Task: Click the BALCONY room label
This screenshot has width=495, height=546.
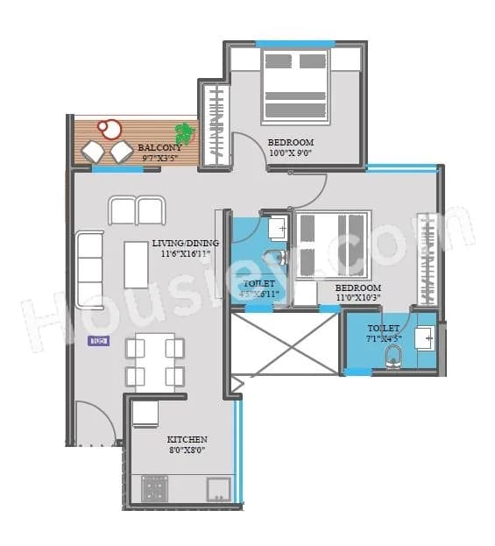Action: point(159,148)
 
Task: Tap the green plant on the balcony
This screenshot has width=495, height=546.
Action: point(184,133)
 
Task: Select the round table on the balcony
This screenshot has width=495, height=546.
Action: point(110,128)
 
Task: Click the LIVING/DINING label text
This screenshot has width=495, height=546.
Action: point(185,243)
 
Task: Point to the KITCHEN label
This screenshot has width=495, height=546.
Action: point(187,439)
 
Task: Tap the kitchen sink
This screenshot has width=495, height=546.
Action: point(219,488)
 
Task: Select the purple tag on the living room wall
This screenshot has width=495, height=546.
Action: point(96,340)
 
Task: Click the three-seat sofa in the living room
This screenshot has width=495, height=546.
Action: point(89,268)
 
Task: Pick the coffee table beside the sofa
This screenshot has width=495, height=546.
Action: point(136,265)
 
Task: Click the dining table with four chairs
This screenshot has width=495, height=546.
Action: point(155,361)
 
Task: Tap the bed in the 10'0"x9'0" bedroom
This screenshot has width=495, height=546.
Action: point(294,87)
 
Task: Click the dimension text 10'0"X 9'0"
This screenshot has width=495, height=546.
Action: point(290,153)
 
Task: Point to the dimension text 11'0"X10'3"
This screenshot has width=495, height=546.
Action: point(358,299)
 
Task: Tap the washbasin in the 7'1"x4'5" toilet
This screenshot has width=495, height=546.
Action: point(424,336)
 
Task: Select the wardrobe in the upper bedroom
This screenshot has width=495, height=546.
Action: point(214,124)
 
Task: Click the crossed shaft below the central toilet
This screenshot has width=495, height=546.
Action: point(284,344)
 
